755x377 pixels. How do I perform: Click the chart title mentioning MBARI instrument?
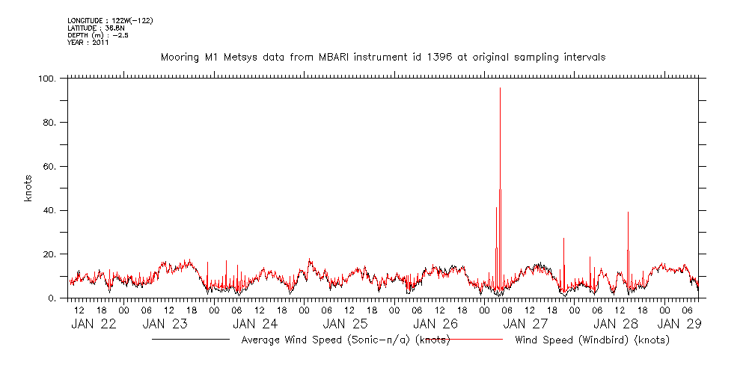click(383, 57)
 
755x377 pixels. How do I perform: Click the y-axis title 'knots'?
click(28, 188)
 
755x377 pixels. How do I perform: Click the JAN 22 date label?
click(94, 324)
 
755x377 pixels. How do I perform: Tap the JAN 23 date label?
click(165, 324)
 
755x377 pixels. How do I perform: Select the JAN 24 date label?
click(255, 324)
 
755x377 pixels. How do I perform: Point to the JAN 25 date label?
click(345, 324)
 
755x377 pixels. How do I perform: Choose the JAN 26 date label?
click(435, 324)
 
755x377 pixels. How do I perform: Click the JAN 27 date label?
click(525, 324)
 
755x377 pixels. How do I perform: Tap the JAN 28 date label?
click(615, 324)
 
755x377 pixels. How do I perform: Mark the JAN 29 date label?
click(679, 324)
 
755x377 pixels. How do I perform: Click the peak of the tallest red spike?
click(500, 88)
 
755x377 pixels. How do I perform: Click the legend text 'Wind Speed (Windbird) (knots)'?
click(592, 340)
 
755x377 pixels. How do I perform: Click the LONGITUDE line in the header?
click(111, 20)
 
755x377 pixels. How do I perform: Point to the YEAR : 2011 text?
click(88, 43)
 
